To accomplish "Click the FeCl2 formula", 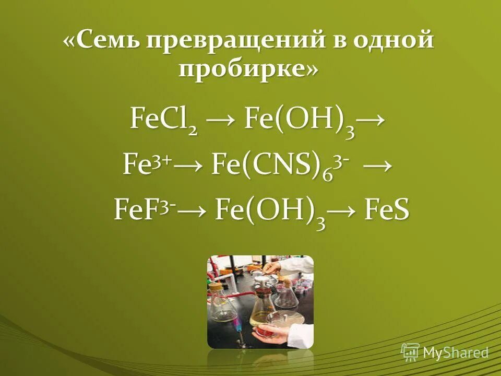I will [x=164, y=120].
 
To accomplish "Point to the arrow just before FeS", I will [x=346, y=212].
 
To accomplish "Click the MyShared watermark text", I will [x=456, y=352].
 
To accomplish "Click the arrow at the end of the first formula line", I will [x=372, y=120].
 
